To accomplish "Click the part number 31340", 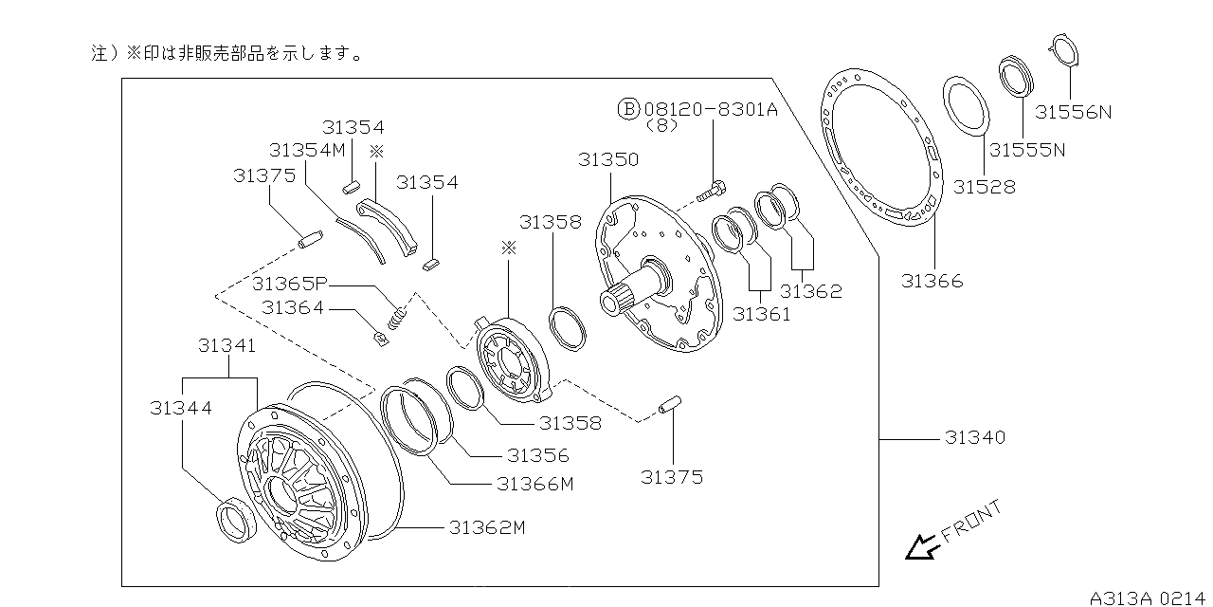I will (x=974, y=438).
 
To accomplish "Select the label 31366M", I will (x=535, y=484).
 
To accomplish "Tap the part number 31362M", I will (x=487, y=527).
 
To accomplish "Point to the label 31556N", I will (x=1073, y=112).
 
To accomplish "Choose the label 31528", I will (x=984, y=187).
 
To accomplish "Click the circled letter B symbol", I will (x=629, y=109).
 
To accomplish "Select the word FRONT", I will (x=971, y=523).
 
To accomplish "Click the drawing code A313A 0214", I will (x=1150, y=598).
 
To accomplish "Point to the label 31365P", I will (x=290, y=284).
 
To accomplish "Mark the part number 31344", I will (x=180, y=408).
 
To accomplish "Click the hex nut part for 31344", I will (x=234, y=521).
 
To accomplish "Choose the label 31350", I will (x=608, y=160).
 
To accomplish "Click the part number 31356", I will (x=537, y=456).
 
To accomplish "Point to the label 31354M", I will (x=307, y=150).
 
